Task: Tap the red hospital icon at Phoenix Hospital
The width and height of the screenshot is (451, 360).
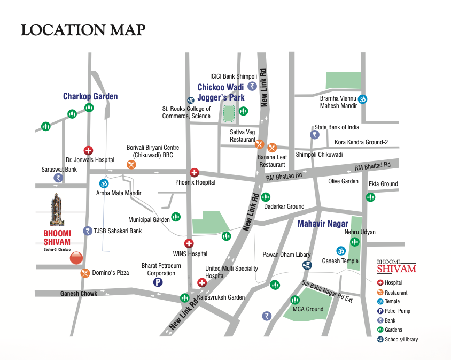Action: [195, 172]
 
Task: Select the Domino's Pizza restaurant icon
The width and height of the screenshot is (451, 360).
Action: [85, 273]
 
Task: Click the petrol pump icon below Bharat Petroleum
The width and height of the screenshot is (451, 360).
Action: [158, 283]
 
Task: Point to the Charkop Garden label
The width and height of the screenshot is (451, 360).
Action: [90, 97]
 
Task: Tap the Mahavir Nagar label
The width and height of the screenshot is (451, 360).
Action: [323, 224]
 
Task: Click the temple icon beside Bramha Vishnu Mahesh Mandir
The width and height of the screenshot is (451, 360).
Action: [362, 99]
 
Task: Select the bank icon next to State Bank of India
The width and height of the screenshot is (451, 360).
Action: [314, 135]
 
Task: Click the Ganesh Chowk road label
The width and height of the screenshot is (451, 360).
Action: [79, 294]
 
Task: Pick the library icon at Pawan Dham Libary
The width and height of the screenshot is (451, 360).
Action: [307, 265]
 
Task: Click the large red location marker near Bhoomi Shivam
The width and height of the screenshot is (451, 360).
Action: [76, 258]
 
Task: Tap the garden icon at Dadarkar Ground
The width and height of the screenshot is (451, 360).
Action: [265, 197]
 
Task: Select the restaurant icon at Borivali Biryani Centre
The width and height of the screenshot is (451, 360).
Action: [131, 164]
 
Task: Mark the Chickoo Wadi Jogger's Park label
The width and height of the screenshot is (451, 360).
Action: [221, 92]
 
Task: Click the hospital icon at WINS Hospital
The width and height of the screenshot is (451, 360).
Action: [189, 243]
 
